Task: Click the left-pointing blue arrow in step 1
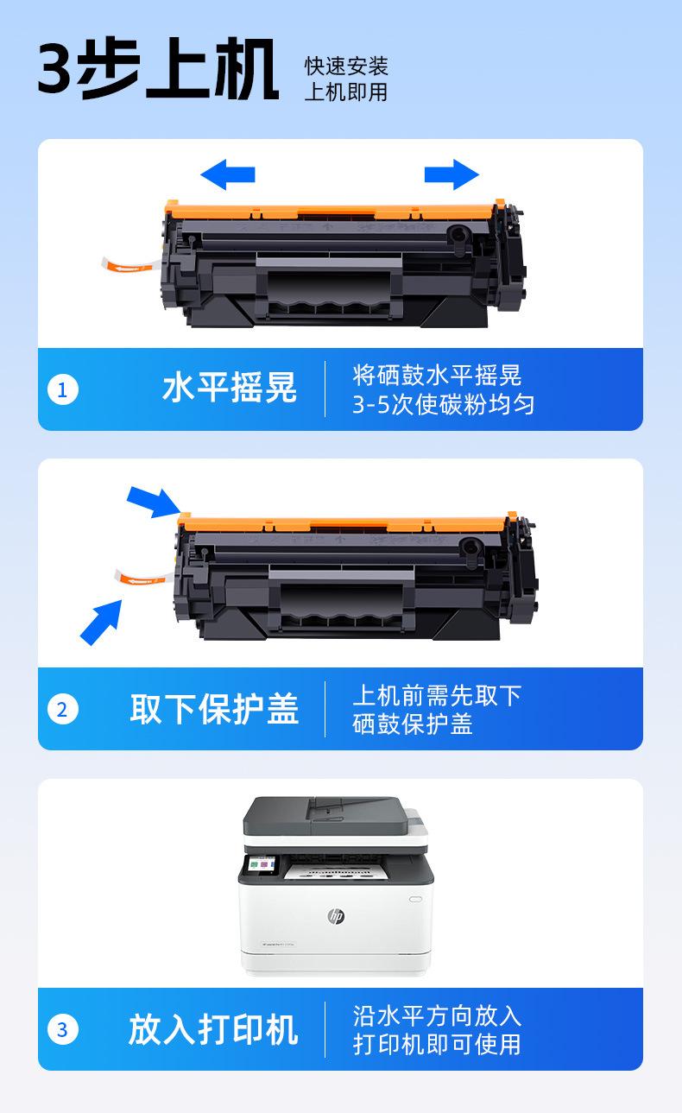pos(228,174)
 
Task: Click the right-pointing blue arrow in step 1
pos(452,174)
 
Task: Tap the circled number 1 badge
pos(62,389)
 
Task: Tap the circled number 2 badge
pos(62,709)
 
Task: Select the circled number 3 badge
pos(62,1029)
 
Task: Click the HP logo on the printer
pos(336,916)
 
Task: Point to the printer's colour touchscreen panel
pos(262,865)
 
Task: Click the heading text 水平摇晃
pos(230,388)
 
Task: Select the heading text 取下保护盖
pos(214,709)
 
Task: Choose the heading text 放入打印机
pos(213,1029)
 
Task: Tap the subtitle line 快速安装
pos(346,66)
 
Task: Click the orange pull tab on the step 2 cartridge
pos(143,578)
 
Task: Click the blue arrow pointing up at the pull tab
pos(101,623)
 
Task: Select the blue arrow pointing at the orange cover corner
pos(153,502)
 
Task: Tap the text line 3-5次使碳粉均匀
pos(444,404)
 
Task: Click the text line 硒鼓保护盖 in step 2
pos(413,724)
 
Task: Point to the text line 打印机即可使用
pos(437,1044)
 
